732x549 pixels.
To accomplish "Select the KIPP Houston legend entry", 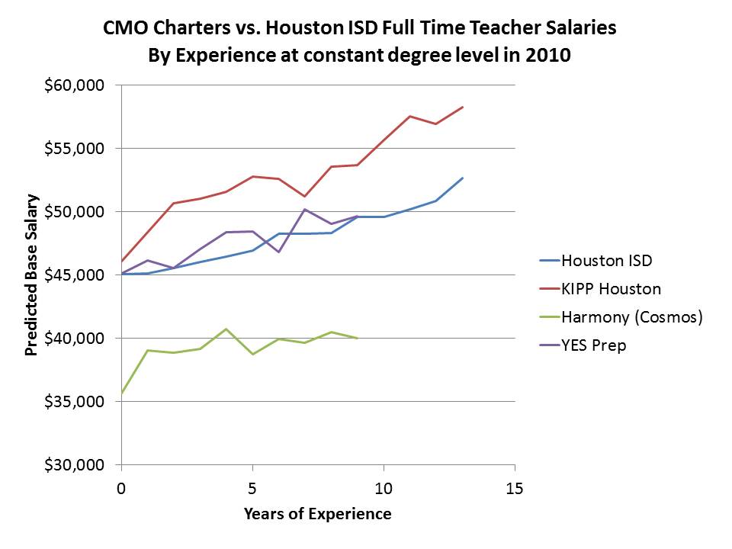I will pos(610,289).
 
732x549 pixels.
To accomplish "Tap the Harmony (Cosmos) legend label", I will pos(631,317).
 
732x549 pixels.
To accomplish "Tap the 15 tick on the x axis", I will pos(515,488).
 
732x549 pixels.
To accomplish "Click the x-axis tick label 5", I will pos(252,488).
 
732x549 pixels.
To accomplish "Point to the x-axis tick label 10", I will pos(384,488).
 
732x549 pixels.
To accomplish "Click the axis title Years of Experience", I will pos(317,514).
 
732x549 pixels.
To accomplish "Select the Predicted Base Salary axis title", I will pos(32,275).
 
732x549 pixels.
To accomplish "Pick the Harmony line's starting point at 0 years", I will pos(121,393).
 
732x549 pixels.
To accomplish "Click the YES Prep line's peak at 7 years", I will pos(305,209).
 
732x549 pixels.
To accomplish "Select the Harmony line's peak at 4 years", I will pos(226,329).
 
